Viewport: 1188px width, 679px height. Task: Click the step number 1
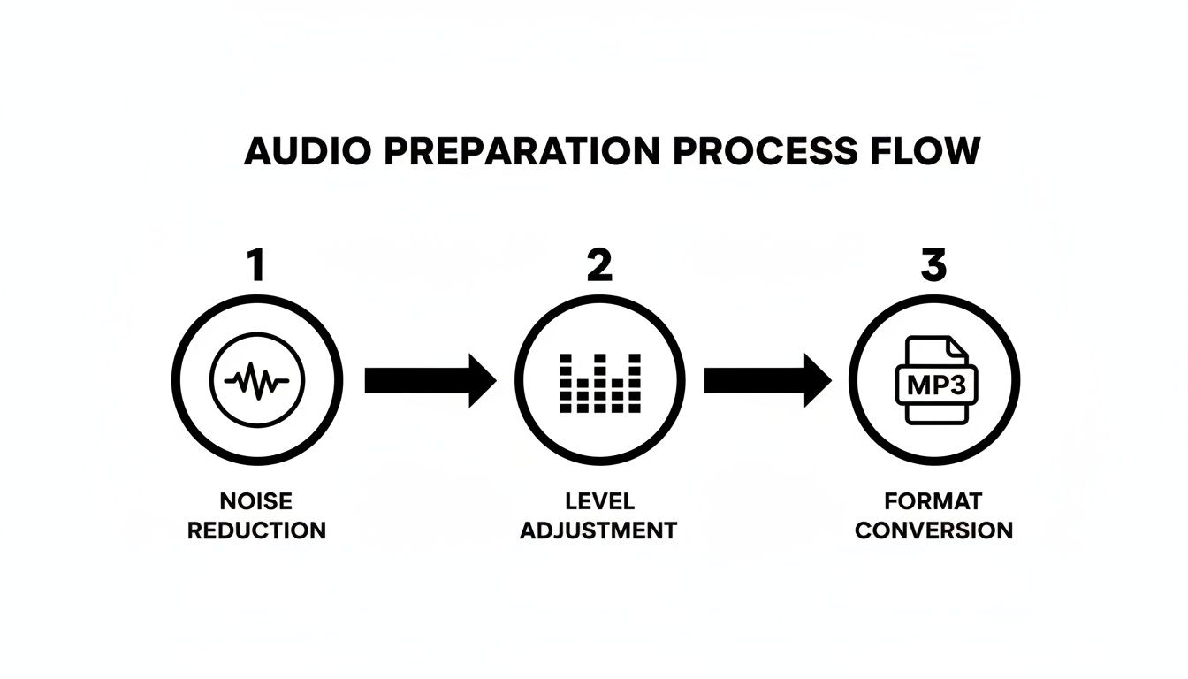[x=255, y=265]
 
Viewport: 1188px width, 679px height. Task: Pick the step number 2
[x=599, y=265]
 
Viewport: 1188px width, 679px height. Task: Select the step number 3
[x=933, y=265]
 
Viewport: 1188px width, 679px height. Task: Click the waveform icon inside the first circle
[x=256, y=382]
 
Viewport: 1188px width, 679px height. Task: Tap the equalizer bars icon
[x=600, y=383]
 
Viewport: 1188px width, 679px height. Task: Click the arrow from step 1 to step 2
[x=430, y=381]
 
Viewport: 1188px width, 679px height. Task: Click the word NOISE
[x=256, y=501]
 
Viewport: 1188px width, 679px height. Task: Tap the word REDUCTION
[x=256, y=530]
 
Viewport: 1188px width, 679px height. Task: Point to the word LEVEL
[x=599, y=501]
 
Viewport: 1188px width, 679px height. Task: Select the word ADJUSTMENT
[x=598, y=530]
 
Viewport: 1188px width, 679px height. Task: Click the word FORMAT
[x=933, y=501]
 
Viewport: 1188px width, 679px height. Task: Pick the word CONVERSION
[x=933, y=530]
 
